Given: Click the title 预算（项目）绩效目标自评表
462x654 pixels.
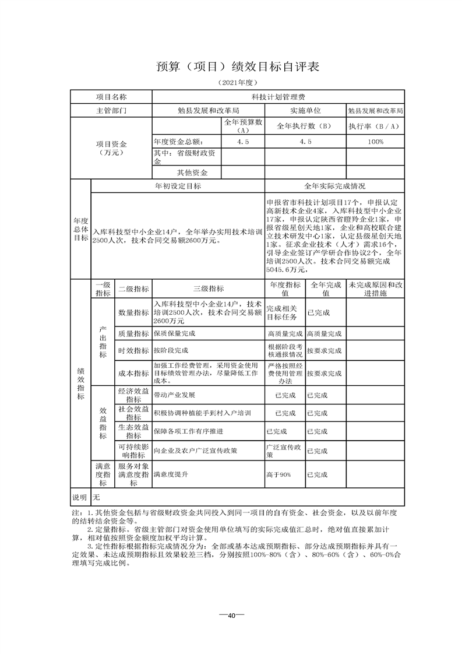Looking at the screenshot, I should click(x=231, y=66).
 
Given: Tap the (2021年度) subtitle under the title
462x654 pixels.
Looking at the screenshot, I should click(x=231, y=83).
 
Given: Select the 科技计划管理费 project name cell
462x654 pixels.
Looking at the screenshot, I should click(x=278, y=96).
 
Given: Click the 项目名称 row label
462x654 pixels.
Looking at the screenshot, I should click(x=111, y=96).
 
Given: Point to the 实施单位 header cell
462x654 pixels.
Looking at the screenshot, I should click(x=306, y=110).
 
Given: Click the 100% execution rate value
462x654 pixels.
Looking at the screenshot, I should click(x=375, y=142).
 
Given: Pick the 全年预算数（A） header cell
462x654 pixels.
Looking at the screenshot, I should click(x=244, y=126).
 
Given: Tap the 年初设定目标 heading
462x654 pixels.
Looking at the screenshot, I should click(x=178, y=186).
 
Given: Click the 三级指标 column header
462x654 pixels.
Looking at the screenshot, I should click(x=208, y=289).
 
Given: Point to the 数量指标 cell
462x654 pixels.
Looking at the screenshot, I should click(x=133, y=312).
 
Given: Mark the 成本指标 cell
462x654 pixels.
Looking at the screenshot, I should click(x=133, y=373).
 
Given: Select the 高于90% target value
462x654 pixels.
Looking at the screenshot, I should click(x=278, y=475).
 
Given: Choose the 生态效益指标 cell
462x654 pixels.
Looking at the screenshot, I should click(x=133, y=431).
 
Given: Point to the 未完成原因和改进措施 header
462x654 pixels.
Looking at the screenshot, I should click(x=375, y=289).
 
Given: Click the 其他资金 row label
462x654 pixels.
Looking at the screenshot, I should click(x=192, y=173).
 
